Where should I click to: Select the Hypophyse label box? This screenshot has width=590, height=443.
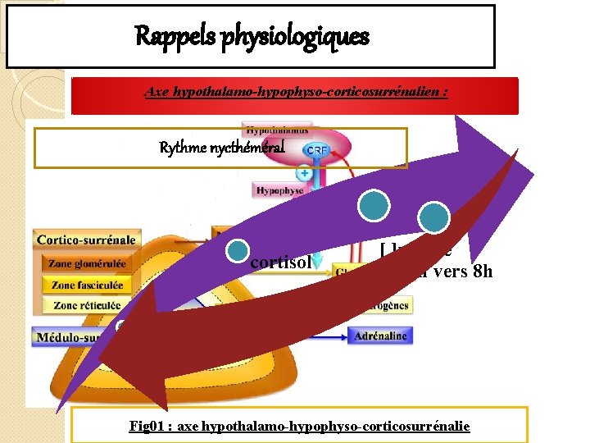point(279,190)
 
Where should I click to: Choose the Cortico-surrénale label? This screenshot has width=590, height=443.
point(86,240)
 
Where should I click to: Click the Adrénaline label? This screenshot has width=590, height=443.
point(380,336)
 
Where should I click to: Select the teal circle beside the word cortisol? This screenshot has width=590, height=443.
point(238,251)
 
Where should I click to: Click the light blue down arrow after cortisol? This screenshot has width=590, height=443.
point(317,265)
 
